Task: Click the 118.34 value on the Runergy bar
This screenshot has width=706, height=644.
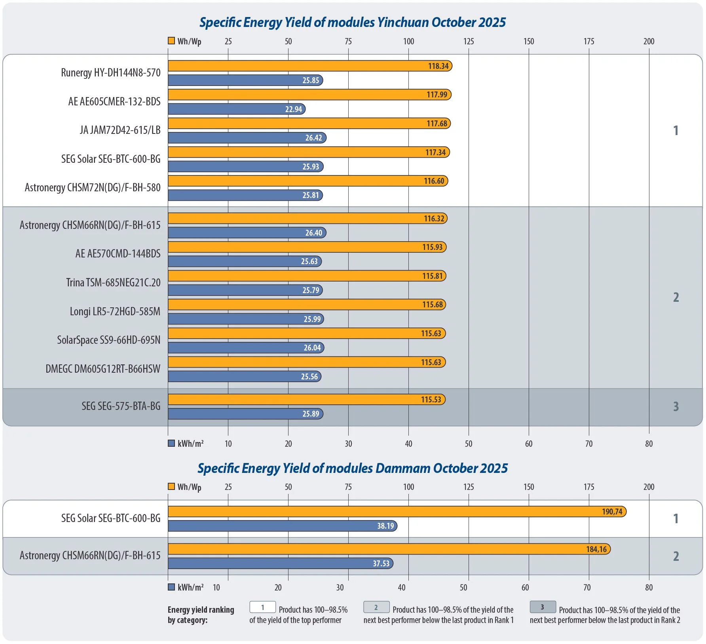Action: coord(438,66)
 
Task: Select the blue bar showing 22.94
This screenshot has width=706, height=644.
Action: coord(236,109)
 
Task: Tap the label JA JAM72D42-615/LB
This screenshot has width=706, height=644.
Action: coord(120,130)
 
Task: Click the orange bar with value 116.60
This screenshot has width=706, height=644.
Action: coord(307,181)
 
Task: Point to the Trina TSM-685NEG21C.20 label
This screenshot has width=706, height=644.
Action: coord(113,283)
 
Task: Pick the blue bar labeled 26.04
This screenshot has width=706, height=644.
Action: coord(246,348)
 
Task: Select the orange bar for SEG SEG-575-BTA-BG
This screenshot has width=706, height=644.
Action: coord(306,400)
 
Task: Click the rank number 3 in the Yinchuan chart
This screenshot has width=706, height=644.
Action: coord(676,407)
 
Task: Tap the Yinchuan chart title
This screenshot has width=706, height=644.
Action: coord(352,23)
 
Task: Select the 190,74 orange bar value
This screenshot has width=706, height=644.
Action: coord(612,512)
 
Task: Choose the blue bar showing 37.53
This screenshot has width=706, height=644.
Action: coord(280,563)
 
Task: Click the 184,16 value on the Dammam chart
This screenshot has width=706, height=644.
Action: coord(596,549)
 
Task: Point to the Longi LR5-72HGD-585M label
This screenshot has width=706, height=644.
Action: coord(115,312)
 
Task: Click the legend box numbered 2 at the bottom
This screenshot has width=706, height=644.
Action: coord(376,607)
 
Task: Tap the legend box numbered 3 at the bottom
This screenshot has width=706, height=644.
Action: coord(543,607)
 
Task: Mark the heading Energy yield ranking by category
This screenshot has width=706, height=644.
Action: coord(201,615)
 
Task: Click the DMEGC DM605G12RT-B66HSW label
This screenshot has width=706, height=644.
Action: coord(103,369)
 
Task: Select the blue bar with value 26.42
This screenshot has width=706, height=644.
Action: coord(247,138)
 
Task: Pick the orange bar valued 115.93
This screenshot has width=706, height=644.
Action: coord(307,247)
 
